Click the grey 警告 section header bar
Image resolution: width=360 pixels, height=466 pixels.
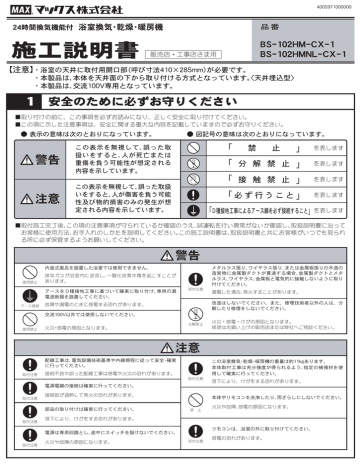180,254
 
